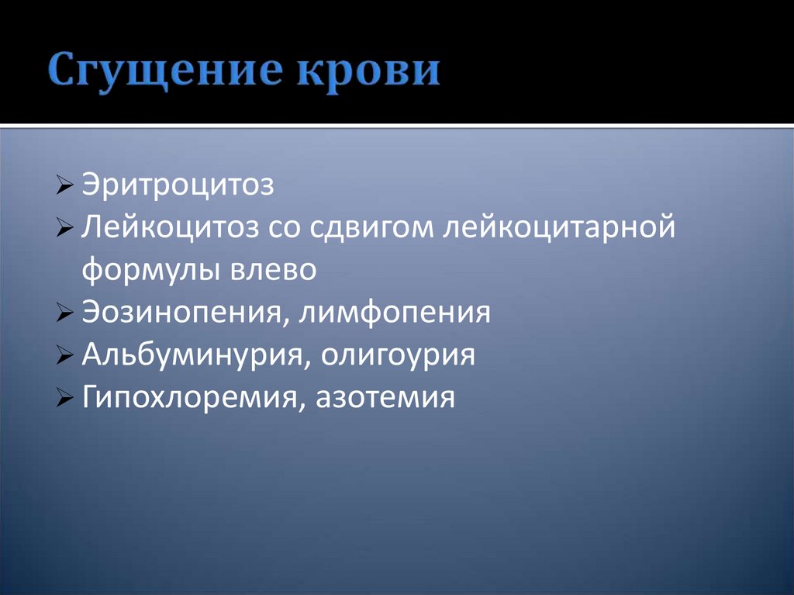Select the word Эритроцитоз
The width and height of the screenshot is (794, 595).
click(x=178, y=186)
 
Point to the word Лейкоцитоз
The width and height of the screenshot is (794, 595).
click(x=168, y=229)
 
